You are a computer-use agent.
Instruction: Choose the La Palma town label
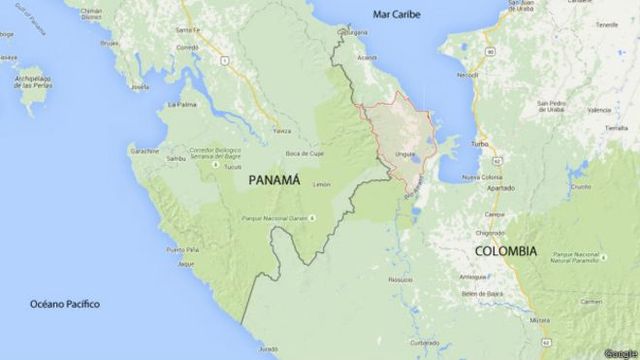pos(181,104)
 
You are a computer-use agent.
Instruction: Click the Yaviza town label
pos(283,131)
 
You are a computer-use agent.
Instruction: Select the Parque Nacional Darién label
pos(275,218)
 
